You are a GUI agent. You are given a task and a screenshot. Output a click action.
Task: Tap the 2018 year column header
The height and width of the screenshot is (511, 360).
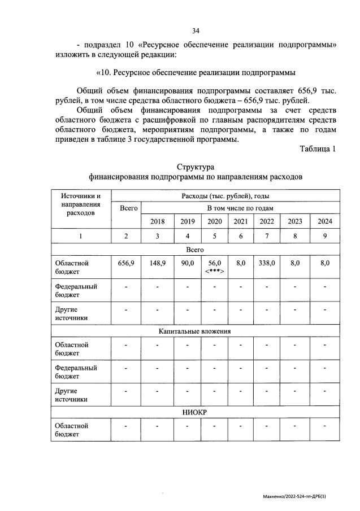tap(157, 221)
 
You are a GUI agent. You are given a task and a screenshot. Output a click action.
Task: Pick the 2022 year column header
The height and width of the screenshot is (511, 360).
tap(267, 221)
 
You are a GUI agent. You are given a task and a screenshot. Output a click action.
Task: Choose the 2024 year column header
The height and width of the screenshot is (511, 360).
tap(325, 221)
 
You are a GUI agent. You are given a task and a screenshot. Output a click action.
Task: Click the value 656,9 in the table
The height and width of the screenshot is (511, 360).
tap(126, 263)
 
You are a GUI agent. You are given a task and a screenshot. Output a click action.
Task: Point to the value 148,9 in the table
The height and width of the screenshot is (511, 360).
tap(157, 263)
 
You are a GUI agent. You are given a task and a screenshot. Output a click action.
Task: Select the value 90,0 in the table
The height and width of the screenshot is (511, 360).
tap(187, 263)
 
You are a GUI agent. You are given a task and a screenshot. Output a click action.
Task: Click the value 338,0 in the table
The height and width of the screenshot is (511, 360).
tap(267, 263)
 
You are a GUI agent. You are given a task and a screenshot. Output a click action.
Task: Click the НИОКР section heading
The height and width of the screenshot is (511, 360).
tap(195, 413)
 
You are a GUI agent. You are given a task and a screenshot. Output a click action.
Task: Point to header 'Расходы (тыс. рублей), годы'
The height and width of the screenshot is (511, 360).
tap(225, 196)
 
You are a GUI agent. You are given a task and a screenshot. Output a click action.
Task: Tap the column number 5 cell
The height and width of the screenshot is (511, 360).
tap(215, 236)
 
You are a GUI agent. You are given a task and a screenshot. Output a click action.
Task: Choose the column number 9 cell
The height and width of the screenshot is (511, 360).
tap(325, 236)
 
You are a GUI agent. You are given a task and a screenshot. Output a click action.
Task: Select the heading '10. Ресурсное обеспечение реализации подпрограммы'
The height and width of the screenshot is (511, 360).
tap(196, 73)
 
